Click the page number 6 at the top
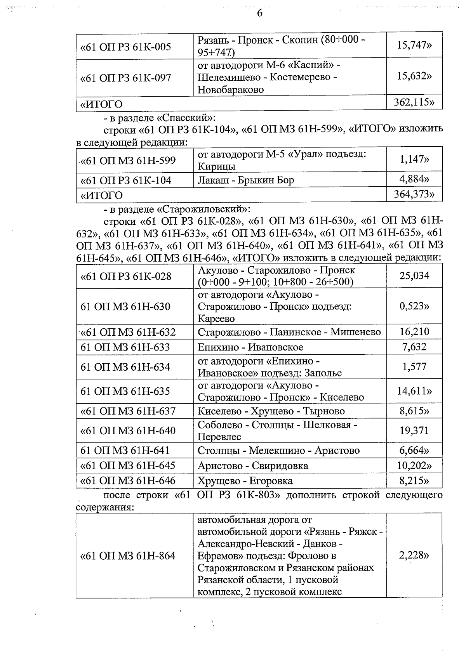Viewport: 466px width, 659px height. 259,13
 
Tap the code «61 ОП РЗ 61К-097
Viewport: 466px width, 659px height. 125,78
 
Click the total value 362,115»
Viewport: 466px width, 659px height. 414,102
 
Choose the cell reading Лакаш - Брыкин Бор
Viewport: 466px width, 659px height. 246,180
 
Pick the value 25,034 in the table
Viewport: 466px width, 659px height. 414,276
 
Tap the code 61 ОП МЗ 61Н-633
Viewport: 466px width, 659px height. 125,347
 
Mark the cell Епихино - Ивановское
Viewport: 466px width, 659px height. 250,347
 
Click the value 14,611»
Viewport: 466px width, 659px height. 414,391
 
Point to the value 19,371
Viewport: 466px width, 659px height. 414,430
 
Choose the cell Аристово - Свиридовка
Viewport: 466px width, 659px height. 253,465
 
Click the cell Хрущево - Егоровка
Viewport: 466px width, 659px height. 245,481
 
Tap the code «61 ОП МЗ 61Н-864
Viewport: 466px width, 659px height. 128,556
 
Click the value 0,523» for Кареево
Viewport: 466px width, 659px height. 414,306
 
